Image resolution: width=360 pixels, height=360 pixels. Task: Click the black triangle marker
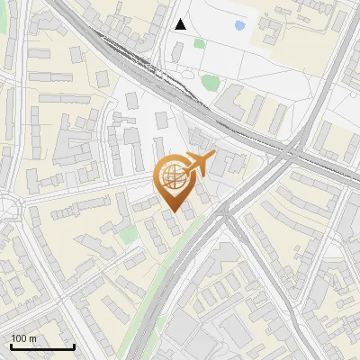click(181, 24)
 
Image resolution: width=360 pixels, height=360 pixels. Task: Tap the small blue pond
click(239, 26)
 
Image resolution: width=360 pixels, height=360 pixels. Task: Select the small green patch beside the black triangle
click(199, 42)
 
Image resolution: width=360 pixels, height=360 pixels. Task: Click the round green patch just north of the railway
click(210, 83)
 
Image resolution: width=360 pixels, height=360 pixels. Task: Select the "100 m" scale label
click(24, 338)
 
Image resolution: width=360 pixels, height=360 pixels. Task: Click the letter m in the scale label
click(33, 338)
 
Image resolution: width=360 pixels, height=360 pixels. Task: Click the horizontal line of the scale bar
click(42, 347)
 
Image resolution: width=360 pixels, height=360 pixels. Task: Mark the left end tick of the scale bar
click(11, 346)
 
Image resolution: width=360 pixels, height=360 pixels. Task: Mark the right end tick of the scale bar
click(74, 346)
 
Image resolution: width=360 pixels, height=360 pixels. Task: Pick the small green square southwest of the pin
click(129, 235)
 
